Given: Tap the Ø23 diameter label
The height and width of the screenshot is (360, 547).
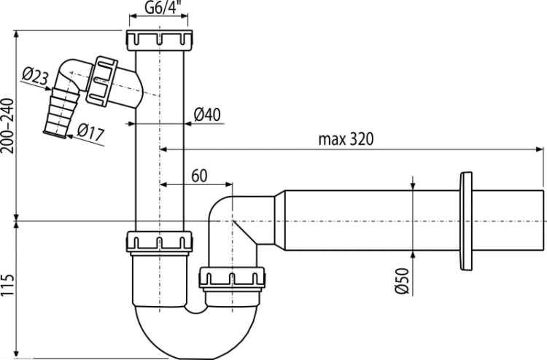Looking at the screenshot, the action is click(35, 76).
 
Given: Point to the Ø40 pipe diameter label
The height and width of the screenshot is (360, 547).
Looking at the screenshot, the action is click(207, 114).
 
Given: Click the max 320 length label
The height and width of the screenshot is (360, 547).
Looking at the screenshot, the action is click(346, 139).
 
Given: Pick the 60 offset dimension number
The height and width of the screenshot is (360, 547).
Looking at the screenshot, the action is click(199, 176).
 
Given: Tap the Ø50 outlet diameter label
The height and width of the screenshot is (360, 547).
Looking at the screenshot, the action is click(402, 281).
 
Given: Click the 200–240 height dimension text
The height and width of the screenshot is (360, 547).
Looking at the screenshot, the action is click(8, 126).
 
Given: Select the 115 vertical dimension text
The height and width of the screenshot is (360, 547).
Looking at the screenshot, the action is click(8, 285).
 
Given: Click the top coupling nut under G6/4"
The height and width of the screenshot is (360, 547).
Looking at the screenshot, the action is click(159, 40).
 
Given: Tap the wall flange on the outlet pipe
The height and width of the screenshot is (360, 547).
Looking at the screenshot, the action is click(466, 221).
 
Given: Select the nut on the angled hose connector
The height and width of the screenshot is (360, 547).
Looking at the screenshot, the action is click(101, 81).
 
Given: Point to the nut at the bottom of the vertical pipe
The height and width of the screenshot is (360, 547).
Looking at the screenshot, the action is click(159, 241).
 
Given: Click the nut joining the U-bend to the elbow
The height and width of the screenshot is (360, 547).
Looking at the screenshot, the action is click(232, 278).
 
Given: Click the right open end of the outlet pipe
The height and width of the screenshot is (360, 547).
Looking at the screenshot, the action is click(543, 220).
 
